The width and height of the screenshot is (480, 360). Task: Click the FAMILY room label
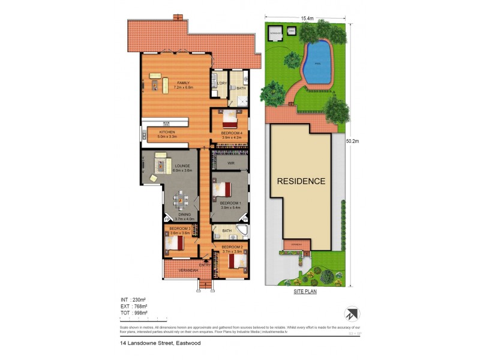pos(175,83)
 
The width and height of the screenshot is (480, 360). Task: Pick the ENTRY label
pos(205,265)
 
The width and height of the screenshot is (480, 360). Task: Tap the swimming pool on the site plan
pos(317,62)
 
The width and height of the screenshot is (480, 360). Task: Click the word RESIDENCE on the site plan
pos(301,181)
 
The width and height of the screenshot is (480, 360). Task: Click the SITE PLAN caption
pos(304,292)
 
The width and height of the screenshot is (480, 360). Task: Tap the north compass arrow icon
pos(351,313)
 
